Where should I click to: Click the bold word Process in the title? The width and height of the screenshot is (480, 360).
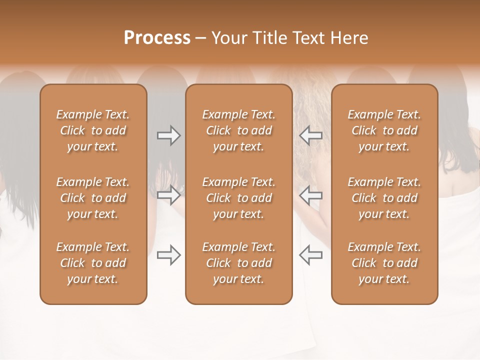pos(157,38)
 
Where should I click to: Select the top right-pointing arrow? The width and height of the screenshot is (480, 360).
pos(168,135)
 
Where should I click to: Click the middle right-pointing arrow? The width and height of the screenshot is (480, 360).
pos(168,195)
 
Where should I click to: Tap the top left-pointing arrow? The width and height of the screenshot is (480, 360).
pos(311,135)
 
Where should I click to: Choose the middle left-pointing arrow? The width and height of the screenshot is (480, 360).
pos(311,195)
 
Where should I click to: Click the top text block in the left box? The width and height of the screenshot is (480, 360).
pos(93,130)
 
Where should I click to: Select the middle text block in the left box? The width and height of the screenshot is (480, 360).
pos(93,198)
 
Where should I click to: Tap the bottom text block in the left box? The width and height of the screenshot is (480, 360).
pos(93,263)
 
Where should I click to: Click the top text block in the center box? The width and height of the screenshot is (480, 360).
pos(239,130)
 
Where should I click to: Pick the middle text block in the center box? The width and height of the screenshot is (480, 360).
pos(239,198)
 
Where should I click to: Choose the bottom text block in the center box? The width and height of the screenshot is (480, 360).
pos(239,263)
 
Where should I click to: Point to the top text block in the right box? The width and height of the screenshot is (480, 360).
pos(384,130)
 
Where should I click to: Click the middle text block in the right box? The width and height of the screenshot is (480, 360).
pos(384,198)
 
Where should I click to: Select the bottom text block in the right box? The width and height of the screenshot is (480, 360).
pos(384,263)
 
